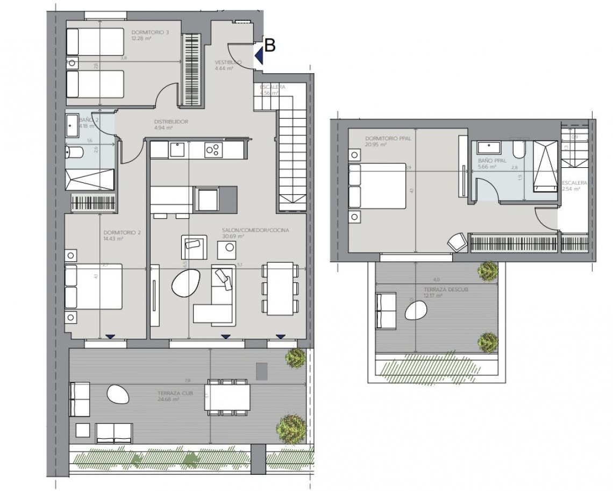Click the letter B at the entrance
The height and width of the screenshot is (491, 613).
[270, 46]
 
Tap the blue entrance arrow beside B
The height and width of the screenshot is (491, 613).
[259, 55]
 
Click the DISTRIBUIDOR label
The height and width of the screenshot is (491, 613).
[170, 122]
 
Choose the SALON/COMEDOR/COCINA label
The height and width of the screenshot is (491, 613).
[255, 230]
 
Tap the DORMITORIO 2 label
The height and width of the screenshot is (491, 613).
[122, 233]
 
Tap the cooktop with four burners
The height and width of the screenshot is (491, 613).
[212, 150]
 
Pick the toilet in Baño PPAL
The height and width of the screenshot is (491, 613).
[519, 150]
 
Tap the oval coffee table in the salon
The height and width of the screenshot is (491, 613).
[186, 283]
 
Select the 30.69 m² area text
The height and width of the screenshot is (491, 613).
[233, 236]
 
